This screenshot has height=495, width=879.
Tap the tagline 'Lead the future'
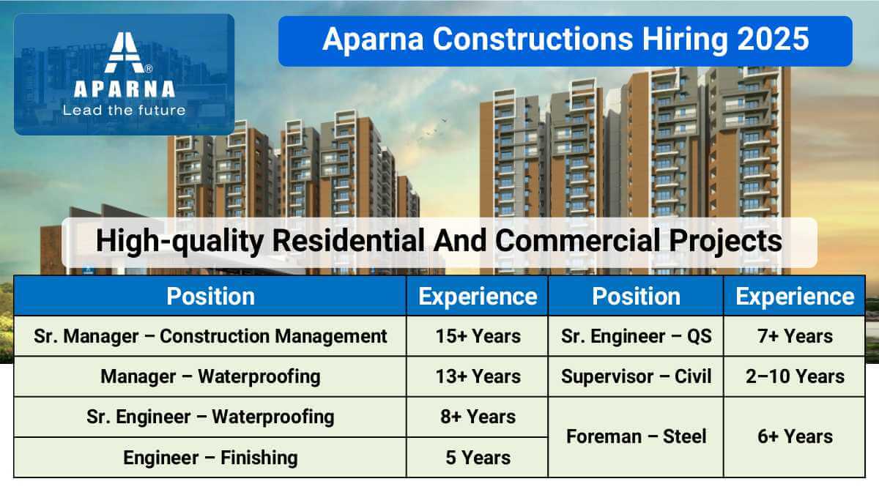click(124, 111)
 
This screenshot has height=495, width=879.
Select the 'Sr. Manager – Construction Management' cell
click(210, 336)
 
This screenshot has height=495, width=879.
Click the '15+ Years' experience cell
click(478, 336)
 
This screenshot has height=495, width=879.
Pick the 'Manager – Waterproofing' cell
click(210, 376)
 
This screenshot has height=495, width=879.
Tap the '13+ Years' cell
click(478, 376)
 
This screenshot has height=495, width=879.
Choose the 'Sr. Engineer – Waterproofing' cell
click(210, 417)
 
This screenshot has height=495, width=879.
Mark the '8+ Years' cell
click(478, 417)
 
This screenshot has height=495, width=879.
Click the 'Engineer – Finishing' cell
click(210, 458)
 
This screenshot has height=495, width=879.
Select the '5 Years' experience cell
click(478, 458)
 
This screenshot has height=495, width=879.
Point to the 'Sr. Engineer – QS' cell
click(636, 336)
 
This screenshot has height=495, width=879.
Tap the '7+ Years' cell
click(795, 336)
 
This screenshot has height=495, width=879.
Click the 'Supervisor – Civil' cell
click(636, 376)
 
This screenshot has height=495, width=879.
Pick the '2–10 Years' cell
click(795, 376)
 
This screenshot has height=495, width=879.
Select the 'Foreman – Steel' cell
click(636, 436)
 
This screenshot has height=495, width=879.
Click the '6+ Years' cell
click(795, 436)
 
